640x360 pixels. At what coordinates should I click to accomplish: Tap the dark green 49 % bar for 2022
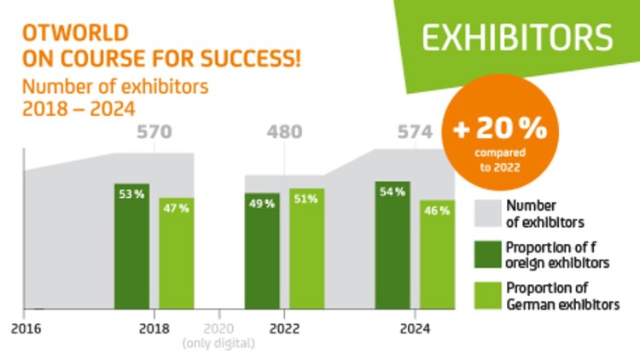(x=262, y=250)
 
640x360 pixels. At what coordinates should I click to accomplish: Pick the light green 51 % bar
(x=306, y=247)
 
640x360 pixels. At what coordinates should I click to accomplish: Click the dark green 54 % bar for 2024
(x=393, y=245)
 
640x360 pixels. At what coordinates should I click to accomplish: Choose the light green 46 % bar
(x=437, y=253)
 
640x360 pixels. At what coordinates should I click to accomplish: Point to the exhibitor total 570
(x=154, y=132)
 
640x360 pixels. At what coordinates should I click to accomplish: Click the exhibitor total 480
(x=285, y=132)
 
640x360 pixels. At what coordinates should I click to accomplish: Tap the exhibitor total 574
(x=416, y=132)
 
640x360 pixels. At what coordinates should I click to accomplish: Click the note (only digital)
(x=218, y=343)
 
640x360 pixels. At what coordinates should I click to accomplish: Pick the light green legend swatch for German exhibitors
(x=486, y=295)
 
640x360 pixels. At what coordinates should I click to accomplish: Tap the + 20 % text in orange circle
(x=500, y=130)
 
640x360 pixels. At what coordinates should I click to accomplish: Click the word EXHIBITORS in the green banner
(x=518, y=38)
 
